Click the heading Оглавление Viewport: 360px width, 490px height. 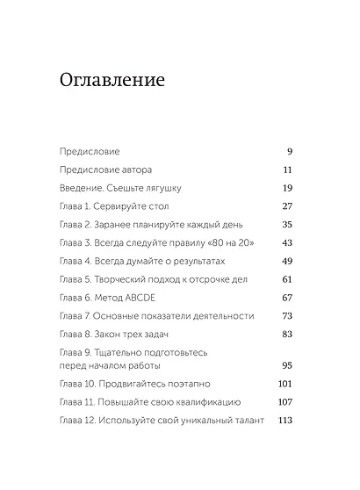click(112, 82)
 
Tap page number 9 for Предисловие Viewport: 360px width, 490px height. click(289, 151)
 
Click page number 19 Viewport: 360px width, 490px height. click(286, 188)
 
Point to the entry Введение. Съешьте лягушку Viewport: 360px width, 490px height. click(126, 188)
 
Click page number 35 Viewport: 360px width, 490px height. click(286, 224)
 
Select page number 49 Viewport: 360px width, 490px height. click(286, 261)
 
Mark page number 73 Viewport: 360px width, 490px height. click(286, 315)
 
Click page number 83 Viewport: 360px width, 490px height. click(286, 334)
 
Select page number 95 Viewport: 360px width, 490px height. click(286, 365)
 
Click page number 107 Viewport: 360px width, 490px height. click(284, 402)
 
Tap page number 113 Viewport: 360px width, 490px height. click(284, 420)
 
